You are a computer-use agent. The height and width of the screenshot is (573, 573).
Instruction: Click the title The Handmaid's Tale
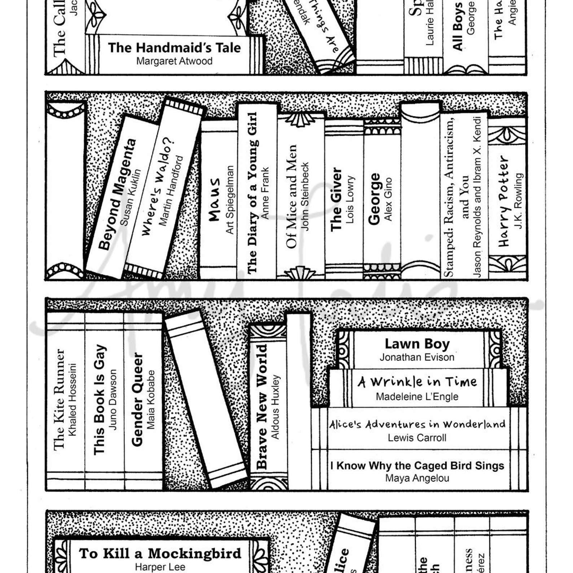click(174, 48)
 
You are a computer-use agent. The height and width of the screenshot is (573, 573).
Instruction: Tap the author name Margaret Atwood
click(174, 61)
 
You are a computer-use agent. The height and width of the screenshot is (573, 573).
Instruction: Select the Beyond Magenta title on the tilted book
click(118, 194)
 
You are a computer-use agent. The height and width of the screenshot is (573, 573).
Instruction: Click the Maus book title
click(215, 199)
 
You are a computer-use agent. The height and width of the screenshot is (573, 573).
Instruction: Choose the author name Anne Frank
click(265, 193)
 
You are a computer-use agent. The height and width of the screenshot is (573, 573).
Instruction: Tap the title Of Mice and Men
click(292, 197)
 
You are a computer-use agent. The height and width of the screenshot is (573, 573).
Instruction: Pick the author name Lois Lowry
click(350, 199)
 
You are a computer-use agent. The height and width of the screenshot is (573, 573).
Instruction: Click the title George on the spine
click(374, 199)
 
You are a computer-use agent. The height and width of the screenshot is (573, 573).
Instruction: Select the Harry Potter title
click(504, 201)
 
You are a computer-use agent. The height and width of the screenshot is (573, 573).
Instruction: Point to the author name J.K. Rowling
click(518, 201)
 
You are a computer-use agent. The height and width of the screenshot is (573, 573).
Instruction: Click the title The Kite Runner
click(59, 399)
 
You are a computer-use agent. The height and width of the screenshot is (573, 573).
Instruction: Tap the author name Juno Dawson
click(113, 399)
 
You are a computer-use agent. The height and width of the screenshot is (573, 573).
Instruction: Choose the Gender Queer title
click(137, 399)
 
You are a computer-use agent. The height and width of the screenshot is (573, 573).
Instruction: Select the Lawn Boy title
click(417, 344)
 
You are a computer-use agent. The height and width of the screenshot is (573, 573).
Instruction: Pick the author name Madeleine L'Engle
click(417, 397)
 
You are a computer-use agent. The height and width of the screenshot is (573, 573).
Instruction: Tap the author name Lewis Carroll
click(417, 438)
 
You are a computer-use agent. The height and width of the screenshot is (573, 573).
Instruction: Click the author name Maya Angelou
click(417, 478)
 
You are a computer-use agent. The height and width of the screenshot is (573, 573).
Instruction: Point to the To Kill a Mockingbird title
click(160, 553)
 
